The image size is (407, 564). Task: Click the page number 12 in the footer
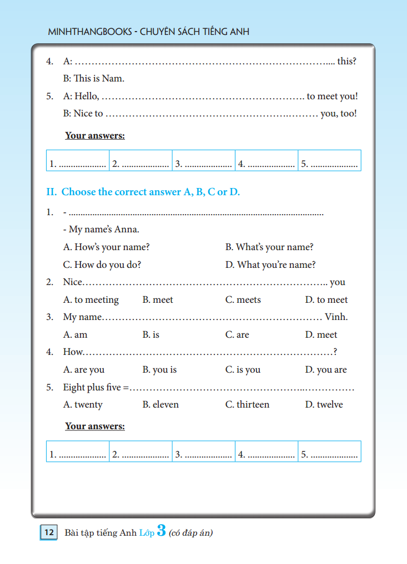48,533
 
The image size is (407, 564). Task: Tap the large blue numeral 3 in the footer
162,531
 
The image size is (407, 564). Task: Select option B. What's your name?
269,247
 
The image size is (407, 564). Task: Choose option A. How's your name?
107,247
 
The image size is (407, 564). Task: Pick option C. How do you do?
102,265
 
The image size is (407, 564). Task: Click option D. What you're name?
270,265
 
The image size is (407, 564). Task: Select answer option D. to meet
326,300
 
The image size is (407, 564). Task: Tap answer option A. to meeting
91,300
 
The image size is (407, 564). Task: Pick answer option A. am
76,335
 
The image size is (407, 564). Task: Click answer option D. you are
326,370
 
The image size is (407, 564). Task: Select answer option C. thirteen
247,405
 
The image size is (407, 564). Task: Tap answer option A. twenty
83,405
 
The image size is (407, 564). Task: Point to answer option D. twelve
324,405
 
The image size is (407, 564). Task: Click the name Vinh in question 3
336,317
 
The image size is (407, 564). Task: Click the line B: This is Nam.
94,79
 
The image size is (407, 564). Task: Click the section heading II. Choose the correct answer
143,192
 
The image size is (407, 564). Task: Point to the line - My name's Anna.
101,230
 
